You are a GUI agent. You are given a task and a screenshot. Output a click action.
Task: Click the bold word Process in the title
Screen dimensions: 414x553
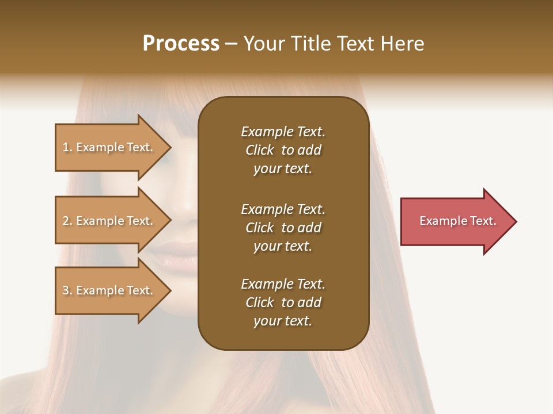[181, 44]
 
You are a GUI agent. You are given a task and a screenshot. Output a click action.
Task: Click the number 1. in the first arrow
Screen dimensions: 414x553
[67, 147]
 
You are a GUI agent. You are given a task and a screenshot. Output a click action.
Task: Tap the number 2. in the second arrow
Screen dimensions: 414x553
[67, 221]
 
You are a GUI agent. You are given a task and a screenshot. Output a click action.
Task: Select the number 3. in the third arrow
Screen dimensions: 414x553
[67, 290]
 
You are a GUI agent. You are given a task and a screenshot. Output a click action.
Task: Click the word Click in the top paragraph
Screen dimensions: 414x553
[259, 150]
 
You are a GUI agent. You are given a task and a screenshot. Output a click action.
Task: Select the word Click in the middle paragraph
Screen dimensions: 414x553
[259, 228]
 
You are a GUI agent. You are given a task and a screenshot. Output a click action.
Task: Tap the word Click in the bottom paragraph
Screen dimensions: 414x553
[259, 302]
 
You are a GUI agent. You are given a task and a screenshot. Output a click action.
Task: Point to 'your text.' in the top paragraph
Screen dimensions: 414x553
[283, 169]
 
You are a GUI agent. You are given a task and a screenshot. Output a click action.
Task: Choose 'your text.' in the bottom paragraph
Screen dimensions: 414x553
[283, 321]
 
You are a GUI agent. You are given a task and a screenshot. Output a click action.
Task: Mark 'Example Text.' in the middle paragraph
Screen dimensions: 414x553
[283, 209]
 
